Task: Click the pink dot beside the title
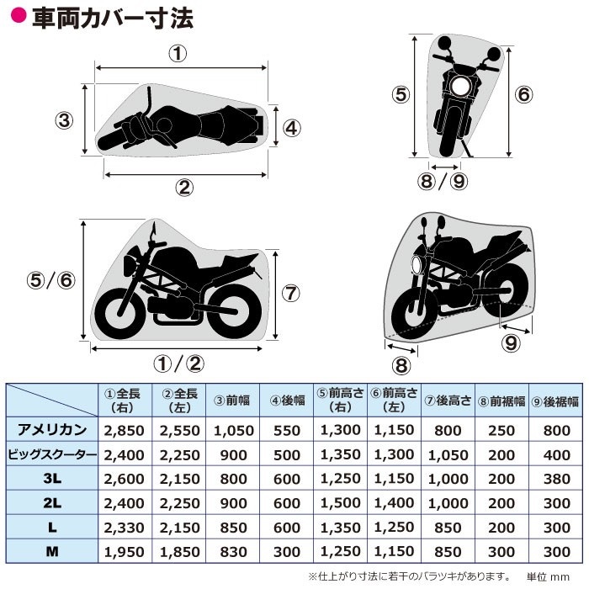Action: click(x=19, y=15)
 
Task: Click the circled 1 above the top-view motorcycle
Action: click(x=178, y=54)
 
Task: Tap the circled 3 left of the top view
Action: click(x=64, y=120)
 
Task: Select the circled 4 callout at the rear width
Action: click(x=291, y=128)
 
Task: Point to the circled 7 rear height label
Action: click(x=291, y=293)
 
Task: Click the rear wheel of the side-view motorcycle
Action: click(x=235, y=312)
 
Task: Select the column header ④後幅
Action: click(x=288, y=401)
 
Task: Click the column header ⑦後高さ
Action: click(x=448, y=401)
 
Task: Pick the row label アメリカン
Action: click(x=52, y=429)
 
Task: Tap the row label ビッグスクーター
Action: click(x=52, y=454)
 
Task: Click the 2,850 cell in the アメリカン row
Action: click(x=125, y=431)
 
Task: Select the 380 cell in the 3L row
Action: click(x=557, y=479)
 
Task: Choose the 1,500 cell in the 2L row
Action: click(x=340, y=503)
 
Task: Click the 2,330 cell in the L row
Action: click(x=125, y=528)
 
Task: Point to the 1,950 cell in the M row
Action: click(x=125, y=552)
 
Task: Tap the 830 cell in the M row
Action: click(x=233, y=552)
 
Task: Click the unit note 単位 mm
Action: click(x=548, y=576)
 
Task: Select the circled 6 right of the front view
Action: click(x=523, y=94)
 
